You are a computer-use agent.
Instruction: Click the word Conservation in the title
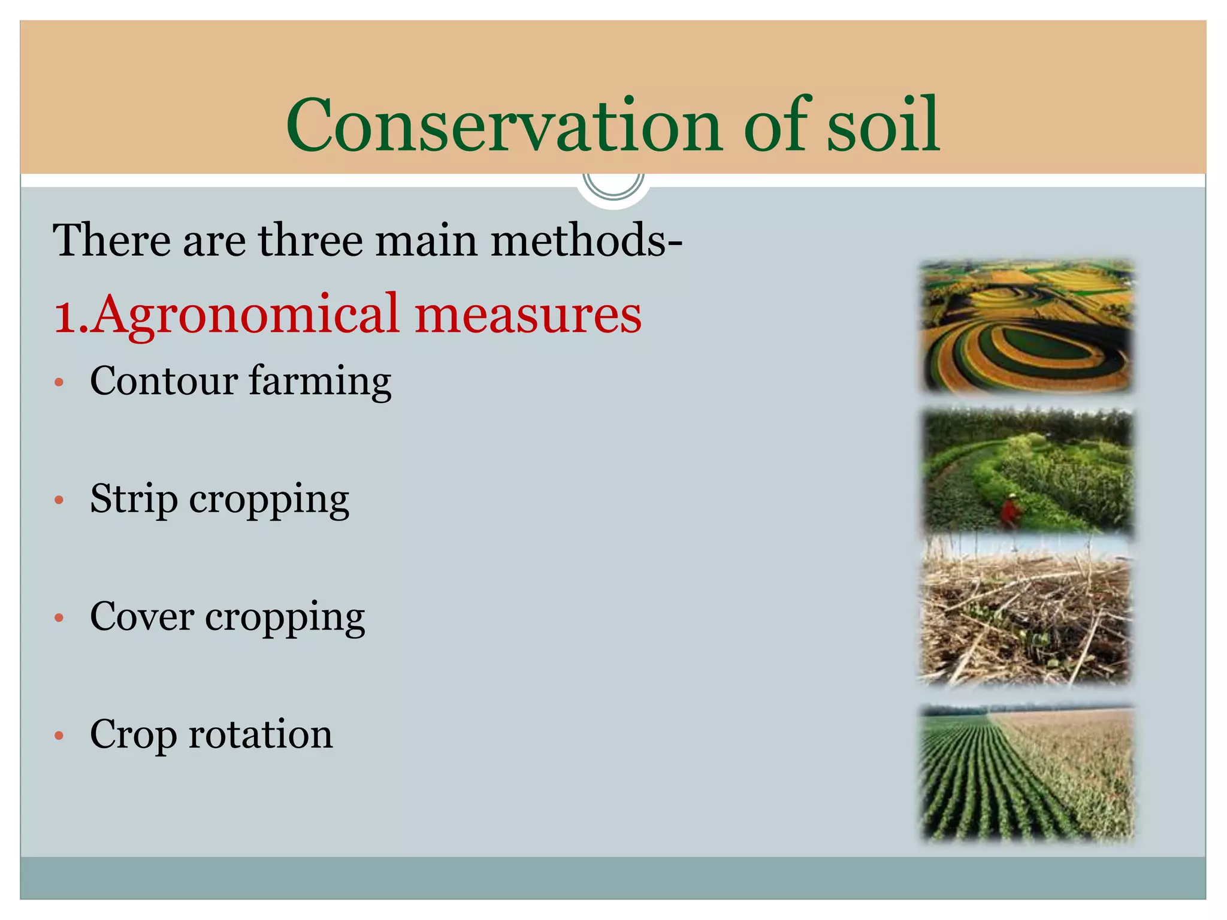pos(503,126)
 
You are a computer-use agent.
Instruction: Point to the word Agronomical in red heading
pos(246,314)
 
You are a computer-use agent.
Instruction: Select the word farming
pos(320,382)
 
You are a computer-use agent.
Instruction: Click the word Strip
pos(134,499)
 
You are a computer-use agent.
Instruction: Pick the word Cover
pos(142,616)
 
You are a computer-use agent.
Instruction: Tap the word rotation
pos(260,734)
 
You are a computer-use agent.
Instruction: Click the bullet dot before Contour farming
pos(59,382)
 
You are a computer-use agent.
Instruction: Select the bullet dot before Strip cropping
pos(59,500)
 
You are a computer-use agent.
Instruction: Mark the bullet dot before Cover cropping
pos(59,618)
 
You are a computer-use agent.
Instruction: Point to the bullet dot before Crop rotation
pos(59,735)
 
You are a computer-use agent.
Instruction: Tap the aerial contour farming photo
pos(1026,326)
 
